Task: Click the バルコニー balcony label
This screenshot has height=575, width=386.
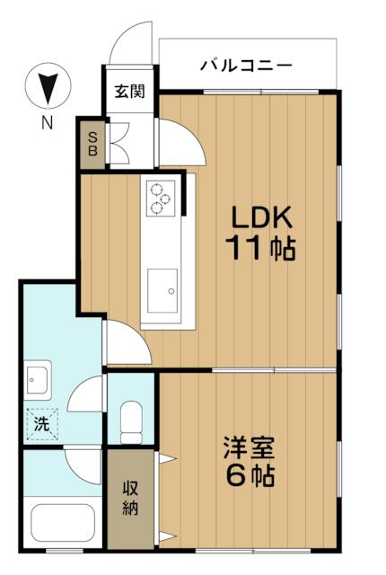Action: (x=246, y=66)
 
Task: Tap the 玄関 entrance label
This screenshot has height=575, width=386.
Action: (x=129, y=92)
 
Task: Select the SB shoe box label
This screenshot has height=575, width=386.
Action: (x=92, y=145)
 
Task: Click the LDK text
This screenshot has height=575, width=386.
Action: (x=261, y=217)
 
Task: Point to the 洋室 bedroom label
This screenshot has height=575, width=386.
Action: (x=249, y=447)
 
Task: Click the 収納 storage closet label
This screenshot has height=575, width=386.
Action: (x=130, y=498)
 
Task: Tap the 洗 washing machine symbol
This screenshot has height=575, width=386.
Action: (x=41, y=424)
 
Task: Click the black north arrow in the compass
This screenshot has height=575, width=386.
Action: (x=48, y=88)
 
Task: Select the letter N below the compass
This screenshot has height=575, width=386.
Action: (x=48, y=123)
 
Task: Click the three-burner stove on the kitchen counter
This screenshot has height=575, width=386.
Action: (x=161, y=198)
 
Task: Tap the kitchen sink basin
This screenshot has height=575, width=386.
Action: (x=162, y=291)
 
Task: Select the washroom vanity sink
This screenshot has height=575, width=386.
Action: (x=38, y=380)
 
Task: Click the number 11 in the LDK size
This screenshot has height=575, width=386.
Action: (x=242, y=248)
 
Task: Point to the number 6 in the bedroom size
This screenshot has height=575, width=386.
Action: (x=237, y=475)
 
